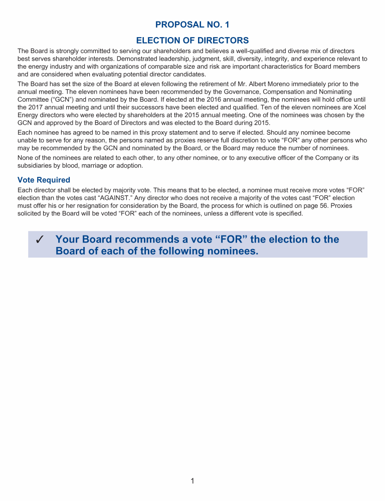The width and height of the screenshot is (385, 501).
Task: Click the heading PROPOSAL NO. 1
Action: tap(192, 25)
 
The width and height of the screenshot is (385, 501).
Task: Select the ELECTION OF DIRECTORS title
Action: tap(192, 40)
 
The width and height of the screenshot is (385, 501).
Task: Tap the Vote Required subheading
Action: tap(44, 180)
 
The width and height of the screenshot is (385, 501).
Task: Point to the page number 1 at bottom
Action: tap(192, 481)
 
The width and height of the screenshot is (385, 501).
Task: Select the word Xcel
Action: tap(358, 107)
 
